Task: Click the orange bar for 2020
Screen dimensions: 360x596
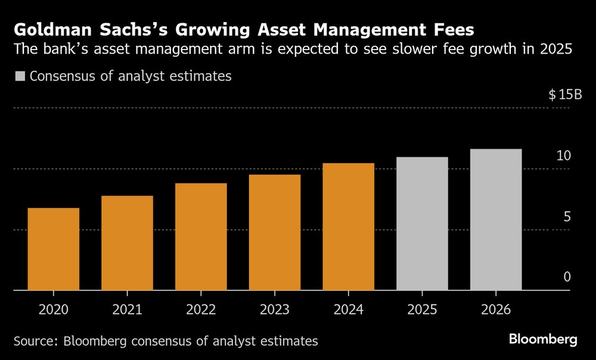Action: [x=54, y=249]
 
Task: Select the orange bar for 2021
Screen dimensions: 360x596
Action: [x=127, y=243]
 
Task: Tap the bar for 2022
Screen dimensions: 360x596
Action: [x=201, y=237]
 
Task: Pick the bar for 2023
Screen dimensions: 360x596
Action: [x=275, y=232]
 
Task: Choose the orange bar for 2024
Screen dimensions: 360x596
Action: [x=349, y=226]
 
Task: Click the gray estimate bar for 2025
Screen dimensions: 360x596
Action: [x=422, y=224]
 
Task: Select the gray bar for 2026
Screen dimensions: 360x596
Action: [x=496, y=219]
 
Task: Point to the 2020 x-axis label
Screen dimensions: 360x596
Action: [x=54, y=310]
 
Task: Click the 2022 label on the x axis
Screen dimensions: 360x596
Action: [x=201, y=310]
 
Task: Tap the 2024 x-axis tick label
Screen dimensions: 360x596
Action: [x=349, y=310]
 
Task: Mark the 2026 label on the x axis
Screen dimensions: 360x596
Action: [x=496, y=310]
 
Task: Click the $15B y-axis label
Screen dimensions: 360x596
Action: [x=564, y=95]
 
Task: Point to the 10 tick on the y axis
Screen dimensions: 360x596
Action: [x=564, y=156]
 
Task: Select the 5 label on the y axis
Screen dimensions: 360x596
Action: [x=567, y=216]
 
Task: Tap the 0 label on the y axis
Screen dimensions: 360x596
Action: [x=567, y=277]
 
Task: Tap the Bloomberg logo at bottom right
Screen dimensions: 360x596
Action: [x=543, y=340]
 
